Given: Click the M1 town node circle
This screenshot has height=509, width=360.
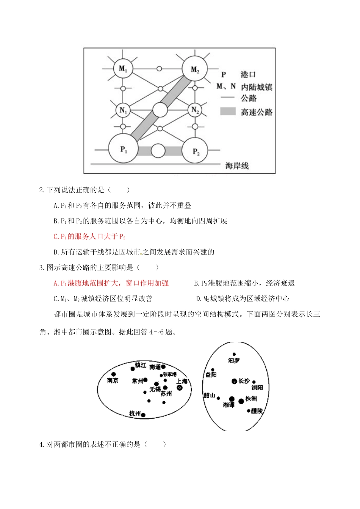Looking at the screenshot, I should (x=123, y=69).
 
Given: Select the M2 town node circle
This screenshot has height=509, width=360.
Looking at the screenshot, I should (x=195, y=69).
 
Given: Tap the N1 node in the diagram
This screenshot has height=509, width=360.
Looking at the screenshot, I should (x=123, y=110).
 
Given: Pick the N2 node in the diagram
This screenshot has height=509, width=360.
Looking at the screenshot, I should (x=195, y=110).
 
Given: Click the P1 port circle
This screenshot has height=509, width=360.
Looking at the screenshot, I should (x=124, y=149).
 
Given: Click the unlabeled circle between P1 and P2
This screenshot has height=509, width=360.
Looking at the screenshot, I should (x=158, y=151).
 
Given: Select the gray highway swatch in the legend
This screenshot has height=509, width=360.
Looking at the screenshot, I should (x=228, y=112).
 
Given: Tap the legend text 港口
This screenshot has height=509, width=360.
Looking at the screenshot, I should (x=248, y=75).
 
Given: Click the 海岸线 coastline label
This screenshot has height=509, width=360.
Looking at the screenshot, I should (x=237, y=166).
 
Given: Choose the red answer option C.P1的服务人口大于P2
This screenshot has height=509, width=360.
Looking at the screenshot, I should (x=89, y=237).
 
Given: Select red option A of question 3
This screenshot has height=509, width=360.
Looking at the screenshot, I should (x=111, y=283).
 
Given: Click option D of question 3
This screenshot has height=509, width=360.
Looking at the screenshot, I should (x=243, y=299).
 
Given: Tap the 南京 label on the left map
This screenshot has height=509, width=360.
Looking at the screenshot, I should (x=113, y=380).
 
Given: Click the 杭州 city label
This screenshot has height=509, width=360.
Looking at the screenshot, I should (x=135, y=413).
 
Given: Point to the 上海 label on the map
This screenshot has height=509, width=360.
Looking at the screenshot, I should (x=182, y=381).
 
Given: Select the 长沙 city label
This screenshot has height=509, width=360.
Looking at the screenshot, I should (x=244, y=381).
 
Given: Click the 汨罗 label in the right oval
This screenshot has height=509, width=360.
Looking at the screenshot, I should (x=234, y=360).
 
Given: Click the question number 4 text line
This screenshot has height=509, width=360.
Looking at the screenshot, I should (x=102, y=444).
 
